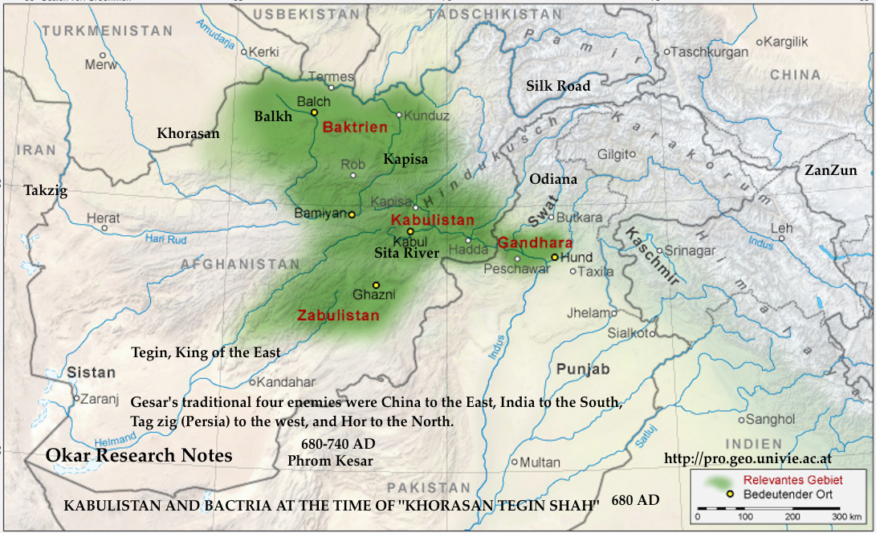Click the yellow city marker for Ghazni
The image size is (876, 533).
tap(376, 285)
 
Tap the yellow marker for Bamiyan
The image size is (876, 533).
tap(352, 214)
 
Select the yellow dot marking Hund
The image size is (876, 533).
tap(554, 257)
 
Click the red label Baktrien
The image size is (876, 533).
tap(355, 127)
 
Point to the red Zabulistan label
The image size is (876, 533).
tap(338, 315)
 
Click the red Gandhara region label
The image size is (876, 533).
tap(535, 242)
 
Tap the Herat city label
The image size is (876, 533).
tap(104, 218)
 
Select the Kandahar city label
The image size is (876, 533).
tap(287, 382)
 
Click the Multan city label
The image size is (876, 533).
tap(540, 462)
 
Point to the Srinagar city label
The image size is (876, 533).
tap(690, 251)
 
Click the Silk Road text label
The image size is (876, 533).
tap(558, 86)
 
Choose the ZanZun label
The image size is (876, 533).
tap(831, 170)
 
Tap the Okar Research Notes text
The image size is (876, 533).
tap(139, 456)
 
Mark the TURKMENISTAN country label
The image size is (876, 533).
tap(108, 31)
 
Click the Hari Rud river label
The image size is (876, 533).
tap(166, 238)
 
